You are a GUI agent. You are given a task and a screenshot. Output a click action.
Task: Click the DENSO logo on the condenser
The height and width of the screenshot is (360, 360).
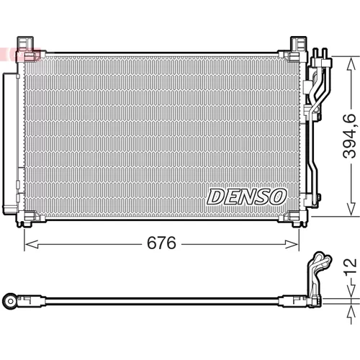click(x=246, y=197)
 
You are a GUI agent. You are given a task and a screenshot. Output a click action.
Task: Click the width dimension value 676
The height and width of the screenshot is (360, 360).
click(x=161, y=243)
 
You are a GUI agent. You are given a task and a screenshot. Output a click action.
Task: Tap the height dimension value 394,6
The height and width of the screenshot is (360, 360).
click(x=349, y=136)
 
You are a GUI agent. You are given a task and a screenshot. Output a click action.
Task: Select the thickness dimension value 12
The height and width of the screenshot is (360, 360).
click(x=350, y=266)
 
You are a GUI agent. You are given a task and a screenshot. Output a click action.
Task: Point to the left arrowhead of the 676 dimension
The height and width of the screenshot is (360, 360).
click(x=32, y=245)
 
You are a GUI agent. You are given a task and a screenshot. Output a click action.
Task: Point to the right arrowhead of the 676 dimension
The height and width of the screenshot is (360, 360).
click(x=292, y=245)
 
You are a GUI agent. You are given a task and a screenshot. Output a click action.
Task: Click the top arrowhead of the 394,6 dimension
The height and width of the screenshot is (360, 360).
click(x=351, y=63)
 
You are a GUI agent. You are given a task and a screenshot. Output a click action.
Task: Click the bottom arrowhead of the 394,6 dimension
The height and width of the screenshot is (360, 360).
click(x=351, y=209)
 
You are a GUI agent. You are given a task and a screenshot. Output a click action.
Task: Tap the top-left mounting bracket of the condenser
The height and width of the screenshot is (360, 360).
click(x=25, y=48)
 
